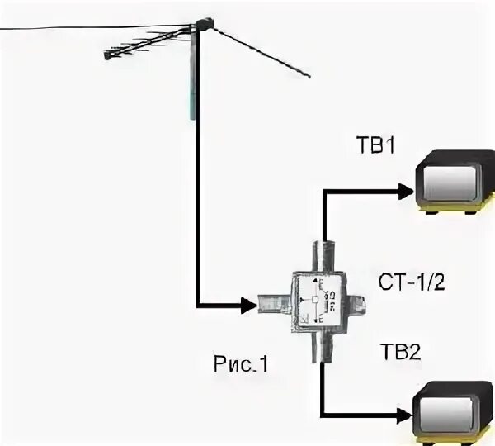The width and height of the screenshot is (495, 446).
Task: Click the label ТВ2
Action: pos(401,351)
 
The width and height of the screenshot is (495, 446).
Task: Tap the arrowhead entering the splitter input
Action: pos(248,306)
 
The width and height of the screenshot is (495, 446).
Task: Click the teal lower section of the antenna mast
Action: pos(193,103)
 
